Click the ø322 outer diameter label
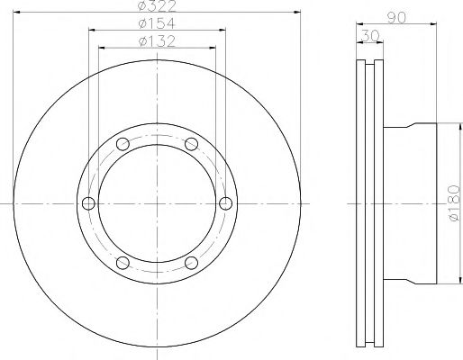[156, 6]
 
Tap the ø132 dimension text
[156, 40]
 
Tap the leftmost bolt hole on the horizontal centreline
[88, 203]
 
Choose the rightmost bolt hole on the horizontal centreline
[224, 203]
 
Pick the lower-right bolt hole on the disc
[190, 262]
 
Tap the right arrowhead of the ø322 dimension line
[298, 13]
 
